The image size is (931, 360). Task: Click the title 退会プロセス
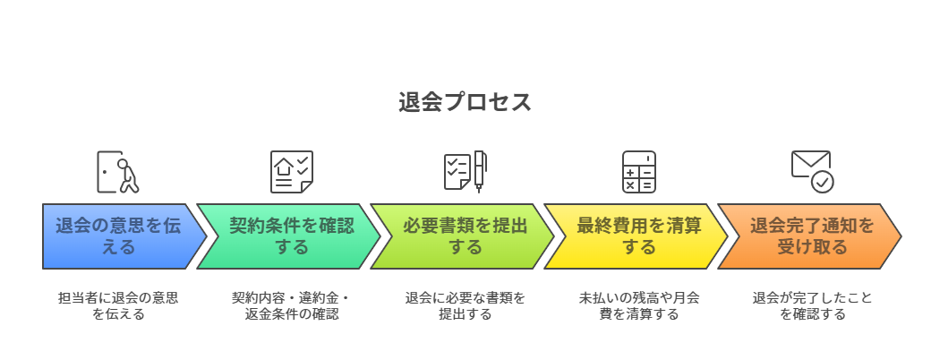465,102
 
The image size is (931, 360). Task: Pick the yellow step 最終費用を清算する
639,236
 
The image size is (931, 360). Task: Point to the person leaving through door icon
118,172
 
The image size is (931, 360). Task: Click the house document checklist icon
292,172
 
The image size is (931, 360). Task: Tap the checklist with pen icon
465,172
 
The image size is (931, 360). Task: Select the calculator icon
639,172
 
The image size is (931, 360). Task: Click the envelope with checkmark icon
812,171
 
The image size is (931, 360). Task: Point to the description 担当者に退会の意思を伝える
118,305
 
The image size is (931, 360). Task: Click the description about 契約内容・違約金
292,305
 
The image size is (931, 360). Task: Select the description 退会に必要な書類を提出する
465,305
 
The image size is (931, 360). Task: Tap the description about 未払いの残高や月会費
639,305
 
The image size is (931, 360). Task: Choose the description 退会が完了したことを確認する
812,305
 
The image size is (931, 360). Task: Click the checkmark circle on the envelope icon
822,182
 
